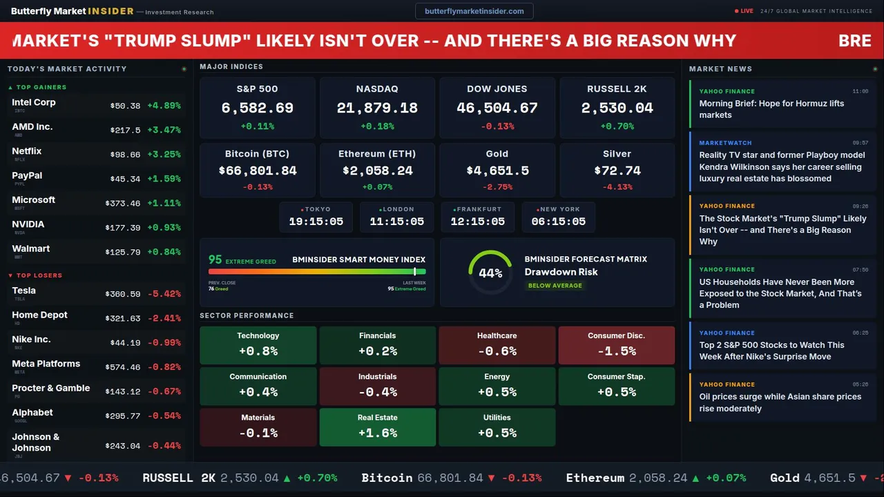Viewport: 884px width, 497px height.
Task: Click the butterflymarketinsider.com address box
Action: click(x=474, y=11)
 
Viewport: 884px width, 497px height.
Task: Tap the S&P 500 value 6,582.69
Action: click(x=257, y=108)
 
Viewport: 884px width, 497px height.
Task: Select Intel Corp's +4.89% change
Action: click(x=164, y=106)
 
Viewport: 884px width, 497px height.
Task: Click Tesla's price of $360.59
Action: click(x=125, y=294)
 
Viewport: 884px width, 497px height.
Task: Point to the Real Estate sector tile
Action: click(x=377, y=427)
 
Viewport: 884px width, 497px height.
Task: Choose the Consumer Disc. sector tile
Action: click(x=616, y=344)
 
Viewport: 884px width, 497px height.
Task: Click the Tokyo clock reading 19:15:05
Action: click(x=316, y=222)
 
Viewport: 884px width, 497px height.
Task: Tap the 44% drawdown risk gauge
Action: click(x=490, y=273)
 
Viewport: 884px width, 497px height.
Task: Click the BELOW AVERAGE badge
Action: click(x=555, y=285)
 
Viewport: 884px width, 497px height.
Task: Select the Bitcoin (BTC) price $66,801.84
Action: click(x=257, y=170)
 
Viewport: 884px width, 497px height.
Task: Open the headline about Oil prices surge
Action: click(x=780, y=402)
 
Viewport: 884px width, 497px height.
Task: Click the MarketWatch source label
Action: click(x=726, y=143)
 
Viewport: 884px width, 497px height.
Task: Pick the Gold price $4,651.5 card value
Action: click(x=497, y=170)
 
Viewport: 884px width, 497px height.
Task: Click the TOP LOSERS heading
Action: click(x=39, y=275)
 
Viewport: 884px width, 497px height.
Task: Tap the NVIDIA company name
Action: click(x=28, y=224)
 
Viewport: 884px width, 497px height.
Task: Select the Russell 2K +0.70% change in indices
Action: click(x=617, y=126)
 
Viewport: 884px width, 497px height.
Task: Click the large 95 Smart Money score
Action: click(x=215, y=260)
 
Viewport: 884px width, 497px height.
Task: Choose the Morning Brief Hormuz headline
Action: click(x=771, y=109)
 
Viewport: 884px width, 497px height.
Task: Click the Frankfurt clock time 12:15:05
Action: click(x=477, y=222)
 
